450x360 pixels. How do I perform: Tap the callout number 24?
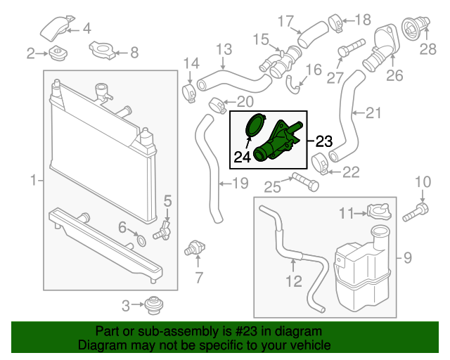click(242, 157)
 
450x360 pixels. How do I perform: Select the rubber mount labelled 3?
click(152, 306)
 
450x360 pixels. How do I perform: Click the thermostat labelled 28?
click(410, 28)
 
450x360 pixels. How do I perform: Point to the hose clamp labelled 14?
click(189, 91)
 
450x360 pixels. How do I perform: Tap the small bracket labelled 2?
click(56, 53)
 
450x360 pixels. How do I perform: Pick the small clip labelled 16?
click(293, 84)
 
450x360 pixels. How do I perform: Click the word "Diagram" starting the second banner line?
click(98, 346)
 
